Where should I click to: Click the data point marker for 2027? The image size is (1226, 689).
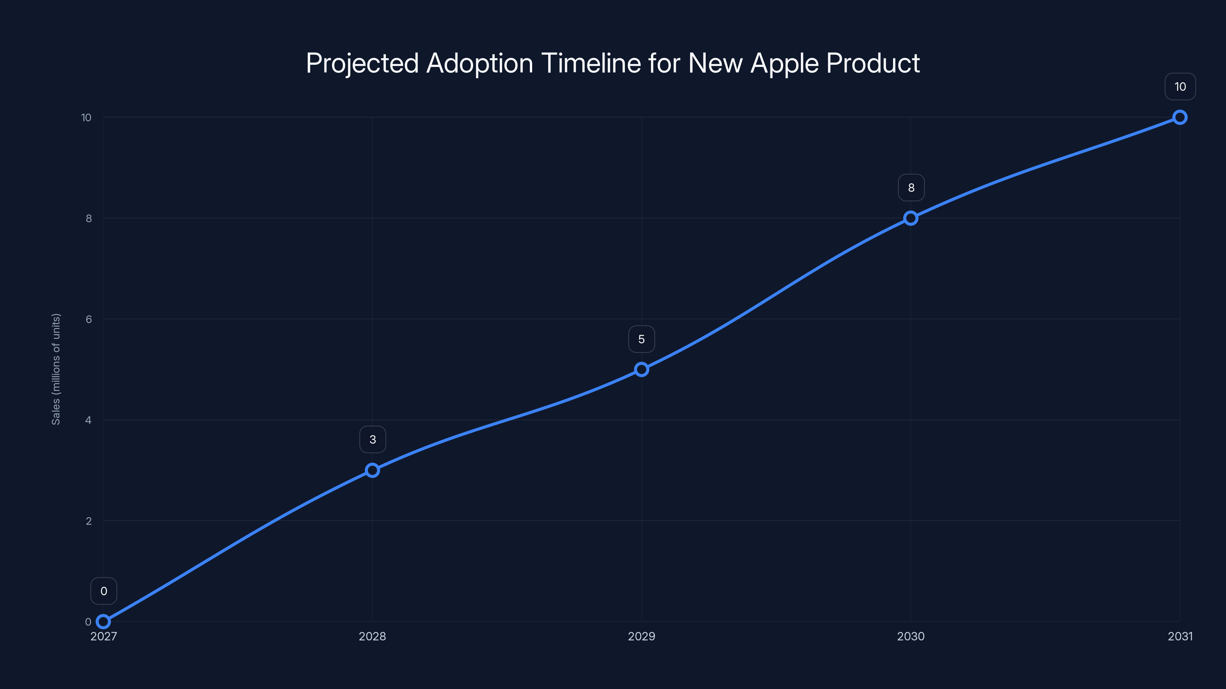[103, 622]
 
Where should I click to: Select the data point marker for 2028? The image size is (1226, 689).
[372, 470]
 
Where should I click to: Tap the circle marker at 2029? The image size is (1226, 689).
[642, 369]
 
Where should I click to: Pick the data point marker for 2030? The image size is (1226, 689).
[910, 218]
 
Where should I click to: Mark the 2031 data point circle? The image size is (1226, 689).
[1180, 118]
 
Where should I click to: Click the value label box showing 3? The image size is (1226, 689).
[373, 439]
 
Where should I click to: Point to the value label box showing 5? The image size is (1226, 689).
[642, 339]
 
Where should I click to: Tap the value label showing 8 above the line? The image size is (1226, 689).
[911, 188]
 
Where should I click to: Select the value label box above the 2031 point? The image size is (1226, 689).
[1180, 87]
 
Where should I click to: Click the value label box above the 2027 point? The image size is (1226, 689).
[104, 591]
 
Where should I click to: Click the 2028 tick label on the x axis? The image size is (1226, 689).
[372, 636]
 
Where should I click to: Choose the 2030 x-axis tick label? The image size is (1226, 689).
[910, 636]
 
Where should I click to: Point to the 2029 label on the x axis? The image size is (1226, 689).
[642, 636]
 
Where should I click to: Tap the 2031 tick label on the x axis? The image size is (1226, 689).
[1180, 636]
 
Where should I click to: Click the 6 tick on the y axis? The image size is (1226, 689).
[89, 319]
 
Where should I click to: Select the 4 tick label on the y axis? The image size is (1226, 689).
[89, 420]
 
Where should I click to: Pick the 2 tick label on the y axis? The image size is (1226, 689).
[89, 521]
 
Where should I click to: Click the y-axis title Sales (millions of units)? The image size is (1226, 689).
[56, 369]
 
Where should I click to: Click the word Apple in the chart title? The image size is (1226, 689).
[784, 63]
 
